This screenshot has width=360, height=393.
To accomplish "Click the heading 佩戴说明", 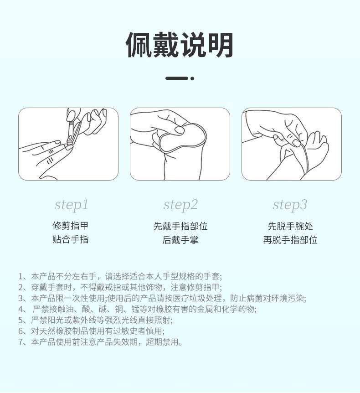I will pos(180,45).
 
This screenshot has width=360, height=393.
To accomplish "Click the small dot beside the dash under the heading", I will pos(192,78).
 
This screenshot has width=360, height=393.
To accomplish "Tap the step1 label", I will pos(71,205).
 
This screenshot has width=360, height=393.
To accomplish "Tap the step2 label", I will pos(180,205).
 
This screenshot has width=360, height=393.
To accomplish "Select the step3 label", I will pos(290,205).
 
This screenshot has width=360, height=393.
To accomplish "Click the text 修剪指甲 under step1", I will pos(71,226).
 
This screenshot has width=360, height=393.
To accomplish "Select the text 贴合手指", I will pos(71,239).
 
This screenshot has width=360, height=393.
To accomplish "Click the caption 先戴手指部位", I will pos(180,226).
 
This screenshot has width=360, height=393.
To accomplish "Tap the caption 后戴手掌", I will pos(180,240).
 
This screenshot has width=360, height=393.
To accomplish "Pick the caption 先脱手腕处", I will pos(290,226).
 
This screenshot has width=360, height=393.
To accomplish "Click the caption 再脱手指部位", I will pos(290,240).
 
